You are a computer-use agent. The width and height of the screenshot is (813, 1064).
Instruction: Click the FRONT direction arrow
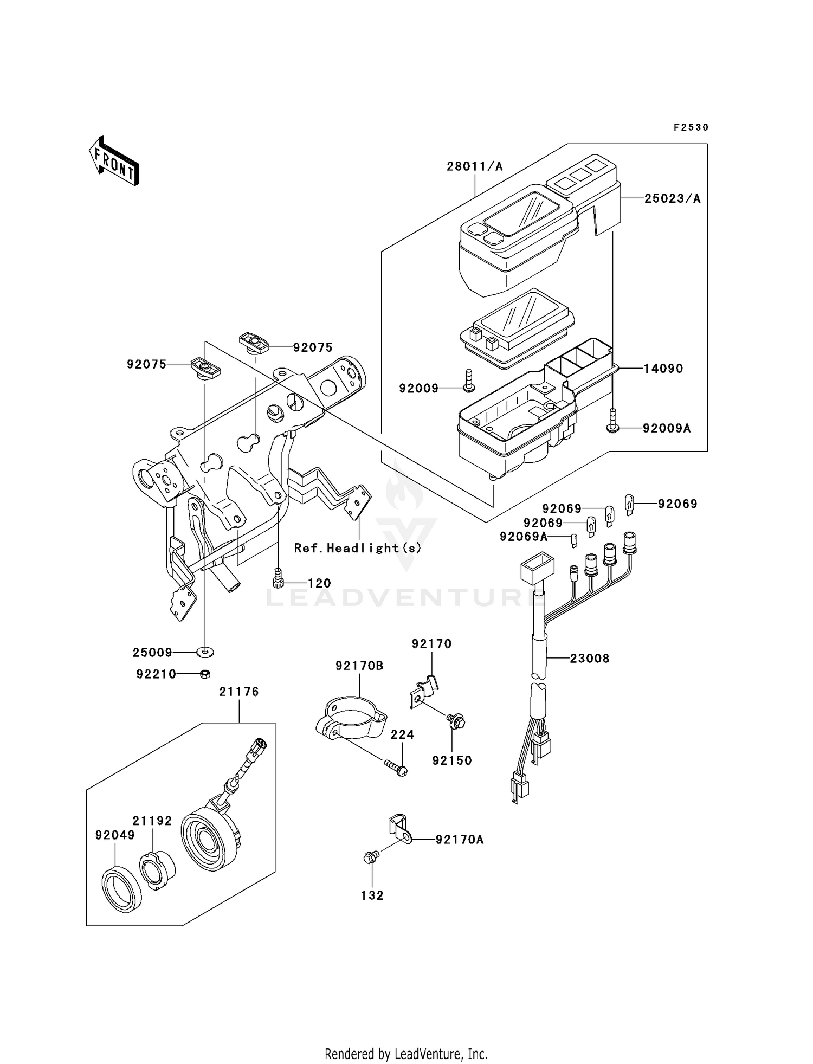113,160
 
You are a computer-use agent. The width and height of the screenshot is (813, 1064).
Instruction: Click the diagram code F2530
691,127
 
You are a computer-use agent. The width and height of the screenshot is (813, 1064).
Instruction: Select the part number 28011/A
475,166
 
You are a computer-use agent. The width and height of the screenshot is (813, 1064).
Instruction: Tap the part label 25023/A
672,199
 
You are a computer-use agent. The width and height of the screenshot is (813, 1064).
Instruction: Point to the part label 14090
663,369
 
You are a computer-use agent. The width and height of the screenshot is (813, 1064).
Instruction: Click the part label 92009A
667,428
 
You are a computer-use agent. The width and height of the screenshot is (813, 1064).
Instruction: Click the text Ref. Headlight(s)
358,548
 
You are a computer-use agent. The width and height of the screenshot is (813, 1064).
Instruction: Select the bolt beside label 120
278,578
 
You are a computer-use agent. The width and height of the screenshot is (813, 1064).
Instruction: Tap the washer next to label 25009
205,650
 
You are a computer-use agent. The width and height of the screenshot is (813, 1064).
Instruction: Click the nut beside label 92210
205,674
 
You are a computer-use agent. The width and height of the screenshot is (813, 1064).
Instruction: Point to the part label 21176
239,692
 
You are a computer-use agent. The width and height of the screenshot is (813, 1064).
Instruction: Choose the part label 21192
152,821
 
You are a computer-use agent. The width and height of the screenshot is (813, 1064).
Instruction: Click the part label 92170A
460,840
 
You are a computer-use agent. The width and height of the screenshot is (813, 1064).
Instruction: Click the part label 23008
590,659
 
